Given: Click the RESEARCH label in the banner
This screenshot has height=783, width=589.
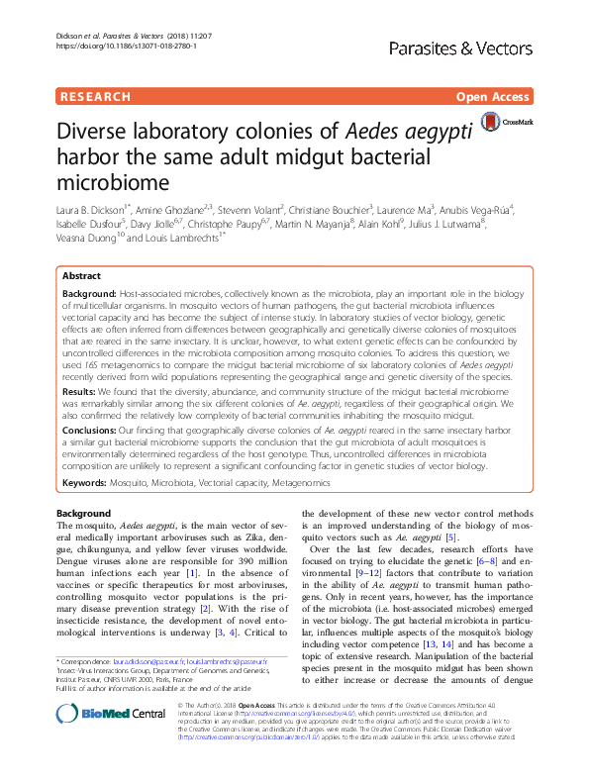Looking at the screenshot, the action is [95, 97].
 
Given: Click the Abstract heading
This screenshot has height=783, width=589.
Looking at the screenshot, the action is [81, 276].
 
